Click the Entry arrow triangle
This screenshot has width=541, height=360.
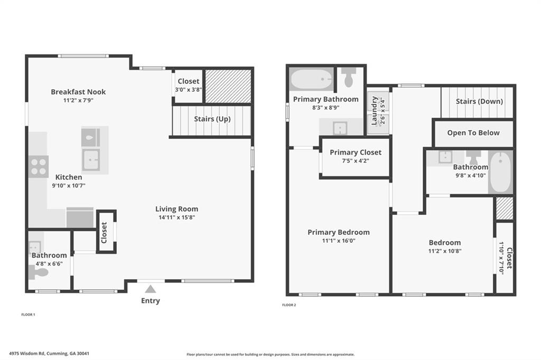coord(151,289)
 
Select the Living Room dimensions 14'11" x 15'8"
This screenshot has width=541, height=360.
coord(176,217)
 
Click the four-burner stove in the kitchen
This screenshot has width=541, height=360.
coord(39,166)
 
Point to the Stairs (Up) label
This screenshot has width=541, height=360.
coord(212,119)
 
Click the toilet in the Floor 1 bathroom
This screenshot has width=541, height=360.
coord(39,273)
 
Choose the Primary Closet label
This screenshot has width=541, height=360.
coord(355,153)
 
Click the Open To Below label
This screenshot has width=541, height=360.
coord(473,132)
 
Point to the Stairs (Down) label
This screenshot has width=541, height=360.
coord(479,101)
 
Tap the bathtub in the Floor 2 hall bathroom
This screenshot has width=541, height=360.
coord(500,172)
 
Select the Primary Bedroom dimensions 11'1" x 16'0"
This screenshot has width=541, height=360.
coord(339,241)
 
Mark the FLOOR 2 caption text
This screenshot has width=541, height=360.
coord(289,305)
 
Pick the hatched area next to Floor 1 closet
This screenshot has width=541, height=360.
coord(228,86)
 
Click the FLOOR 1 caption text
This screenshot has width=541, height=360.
coord(28,315)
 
